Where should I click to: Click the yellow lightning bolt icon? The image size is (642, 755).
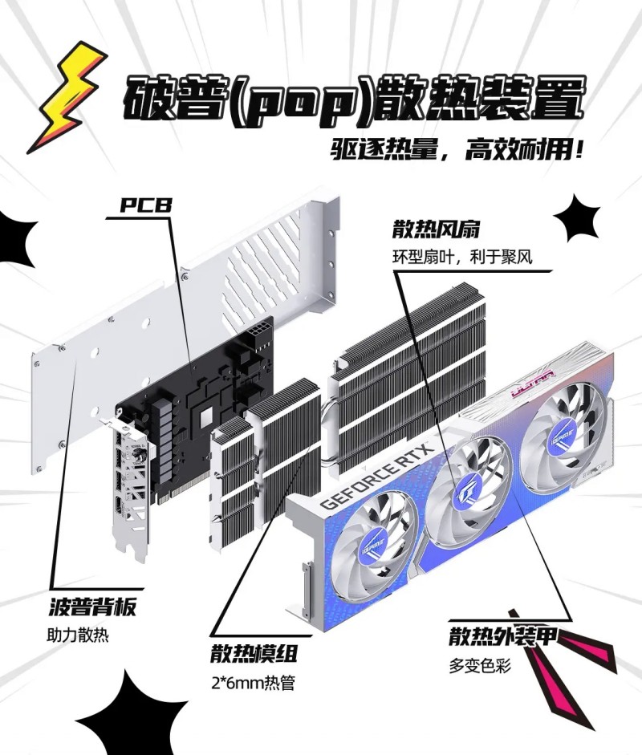pyautogui.click(x=72, y=96)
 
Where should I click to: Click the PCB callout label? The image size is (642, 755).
pyautogui.click(x=145, y=205)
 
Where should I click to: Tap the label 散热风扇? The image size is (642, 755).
pyautogui.click(x=436, y=229)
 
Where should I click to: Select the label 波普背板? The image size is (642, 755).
pyautogui.click(x=92, y=607)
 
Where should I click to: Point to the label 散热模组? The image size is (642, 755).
pyautogui.click(x=254, y=653)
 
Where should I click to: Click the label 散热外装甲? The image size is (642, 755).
pyautogui.click(x=503, y=635)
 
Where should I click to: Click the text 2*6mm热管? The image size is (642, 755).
pyautogui.click(x=253, y=683)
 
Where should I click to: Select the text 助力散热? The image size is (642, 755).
pyautogui.click(x=78, y=635)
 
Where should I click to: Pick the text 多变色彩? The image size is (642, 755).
pyautogui.click(x=480, y=666)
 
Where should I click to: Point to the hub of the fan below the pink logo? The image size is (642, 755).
pyautogui.click(x=563, y=439)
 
